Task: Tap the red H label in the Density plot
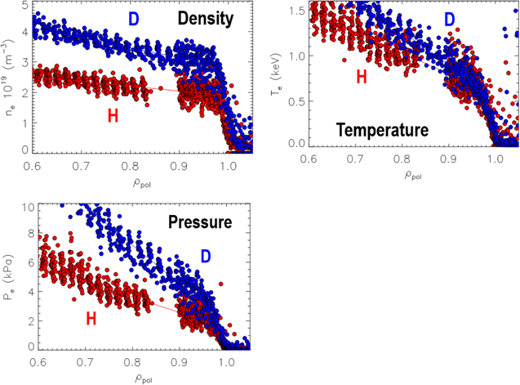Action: tap(113, 115)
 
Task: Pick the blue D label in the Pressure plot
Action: tap(205, 257)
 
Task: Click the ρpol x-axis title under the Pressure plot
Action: tap(143, 377)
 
